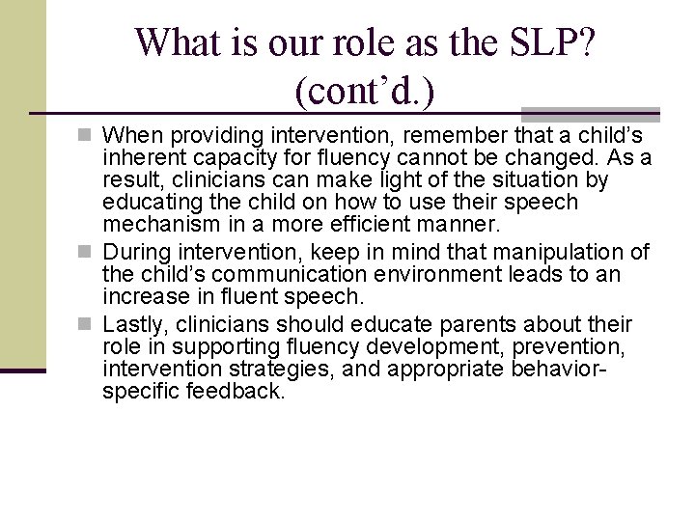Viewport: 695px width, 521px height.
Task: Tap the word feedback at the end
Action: point(239,393)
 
